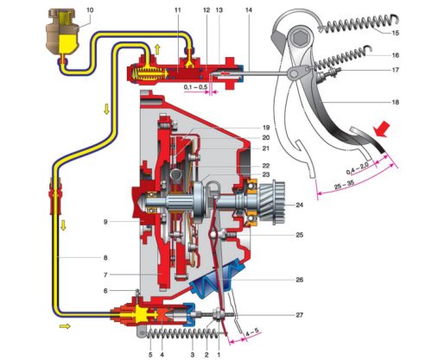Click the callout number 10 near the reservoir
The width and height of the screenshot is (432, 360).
(x=90, y=10)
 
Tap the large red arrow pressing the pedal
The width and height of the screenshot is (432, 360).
(x=382, y=129)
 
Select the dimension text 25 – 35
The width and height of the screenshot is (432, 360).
(x=344, y=186)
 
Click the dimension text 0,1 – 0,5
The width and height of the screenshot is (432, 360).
(x=196, y=86)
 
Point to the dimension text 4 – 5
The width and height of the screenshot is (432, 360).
(x=252, y=333)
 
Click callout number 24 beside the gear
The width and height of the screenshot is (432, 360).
(x=300, y=205)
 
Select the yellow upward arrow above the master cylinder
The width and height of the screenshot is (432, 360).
(x=157, y=49)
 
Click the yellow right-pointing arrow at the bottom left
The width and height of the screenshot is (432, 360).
(x=65, y=326)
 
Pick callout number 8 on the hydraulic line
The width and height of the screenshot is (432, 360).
(x=105, y=257)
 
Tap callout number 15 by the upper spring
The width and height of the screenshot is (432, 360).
(x=396, y=33)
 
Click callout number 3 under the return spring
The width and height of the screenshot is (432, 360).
(x=193, y=355)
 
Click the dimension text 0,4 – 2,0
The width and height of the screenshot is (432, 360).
(x=357, y=168)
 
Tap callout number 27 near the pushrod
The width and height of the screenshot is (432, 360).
(x=300, y=315)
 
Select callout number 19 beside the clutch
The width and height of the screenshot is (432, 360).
(x=266, y=128)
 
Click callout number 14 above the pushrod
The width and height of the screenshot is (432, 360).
(x=249, y=10)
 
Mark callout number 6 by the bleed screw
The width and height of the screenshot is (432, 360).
(x=105, y=291)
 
